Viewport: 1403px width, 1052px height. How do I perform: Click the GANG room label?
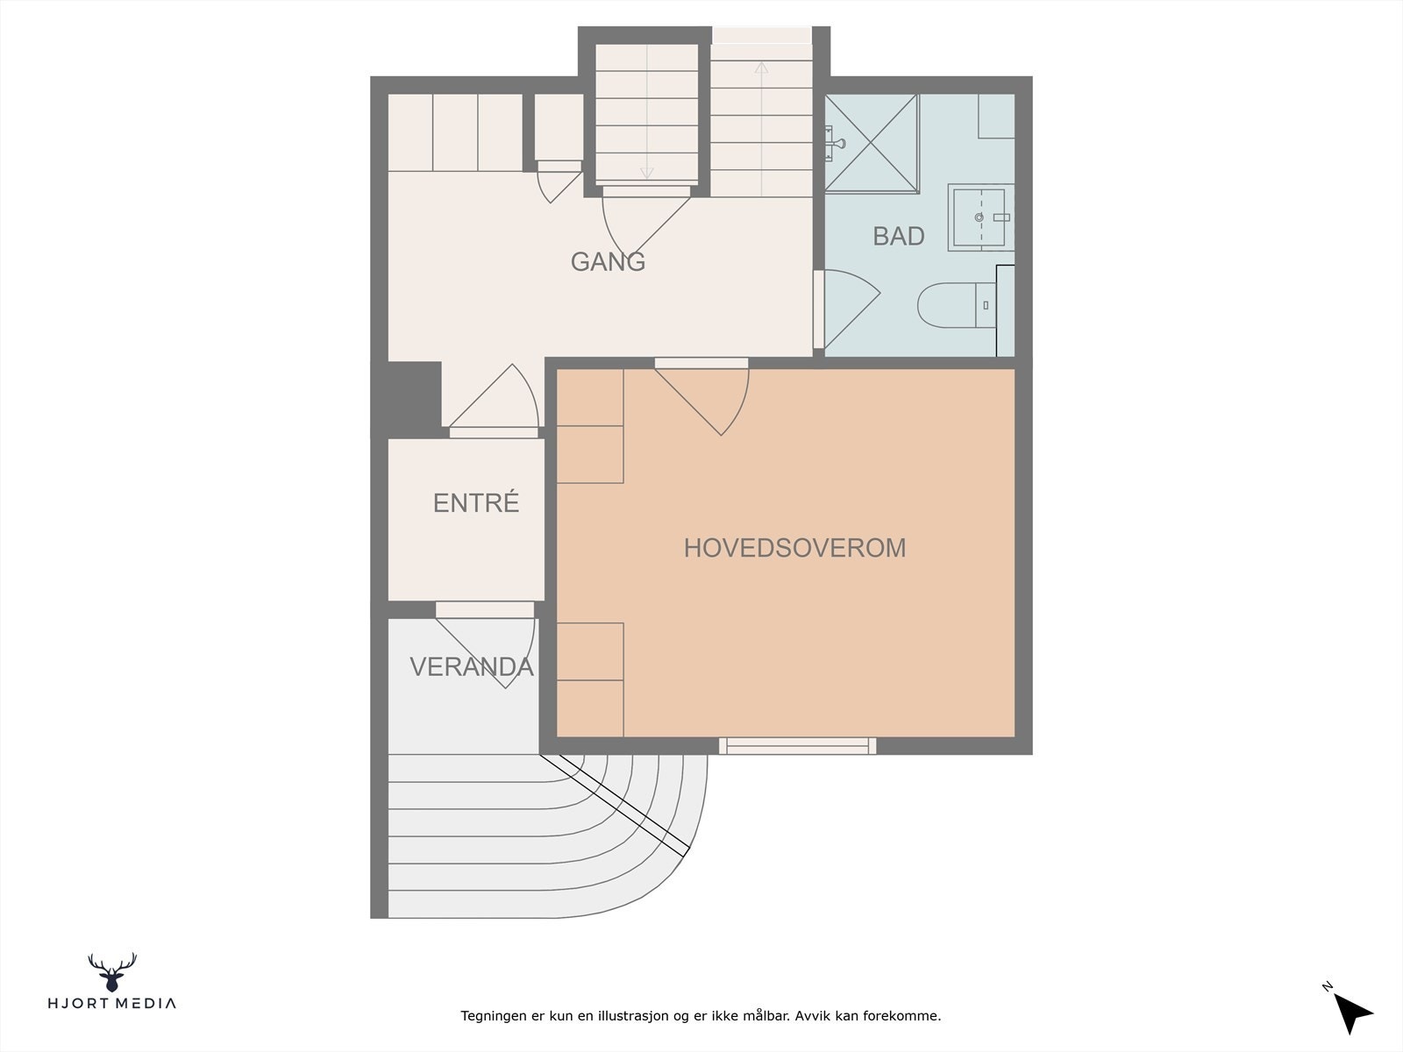coord(608,262)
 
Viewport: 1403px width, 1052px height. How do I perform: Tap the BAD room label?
coord(899,237)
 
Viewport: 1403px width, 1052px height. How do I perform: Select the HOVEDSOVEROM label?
coord(795,548)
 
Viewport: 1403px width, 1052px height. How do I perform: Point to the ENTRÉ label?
coord(476,502)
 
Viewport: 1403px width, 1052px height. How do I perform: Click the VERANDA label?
coord(472,667)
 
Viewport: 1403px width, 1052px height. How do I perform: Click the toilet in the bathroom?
coord(957,305)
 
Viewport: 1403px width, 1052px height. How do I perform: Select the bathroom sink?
coord(980,217)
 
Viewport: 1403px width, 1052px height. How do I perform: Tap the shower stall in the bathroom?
coord(872,143)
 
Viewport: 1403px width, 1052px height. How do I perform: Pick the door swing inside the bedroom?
coord(702,402)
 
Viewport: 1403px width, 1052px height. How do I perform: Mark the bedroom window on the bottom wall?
coord(798,746)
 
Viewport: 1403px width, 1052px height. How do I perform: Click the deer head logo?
coord(112,972)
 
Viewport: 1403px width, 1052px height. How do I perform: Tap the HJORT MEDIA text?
coord(112,1004)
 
